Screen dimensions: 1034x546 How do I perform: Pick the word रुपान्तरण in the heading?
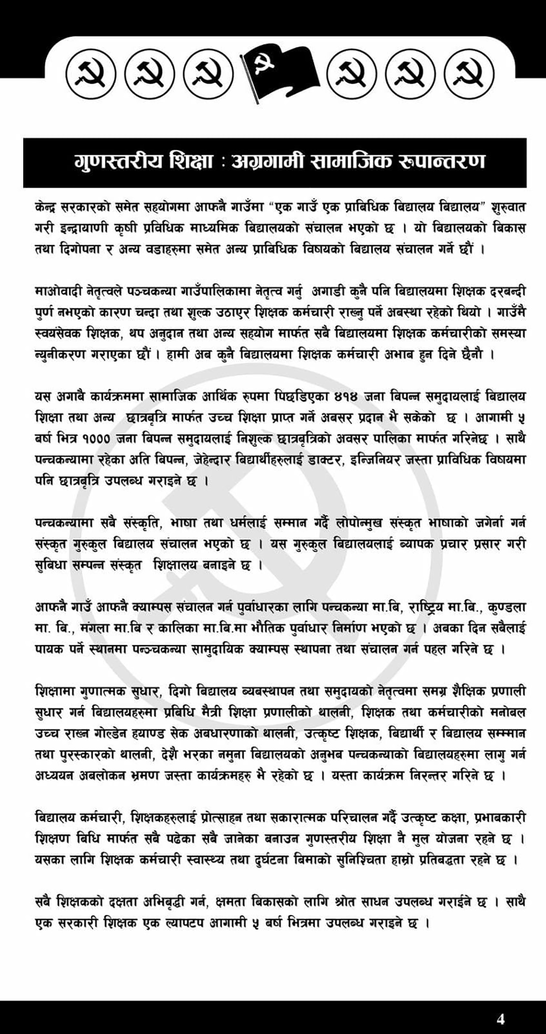(442, 162)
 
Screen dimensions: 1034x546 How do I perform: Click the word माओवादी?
(59, 292)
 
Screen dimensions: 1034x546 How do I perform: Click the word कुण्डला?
(506, 608)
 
